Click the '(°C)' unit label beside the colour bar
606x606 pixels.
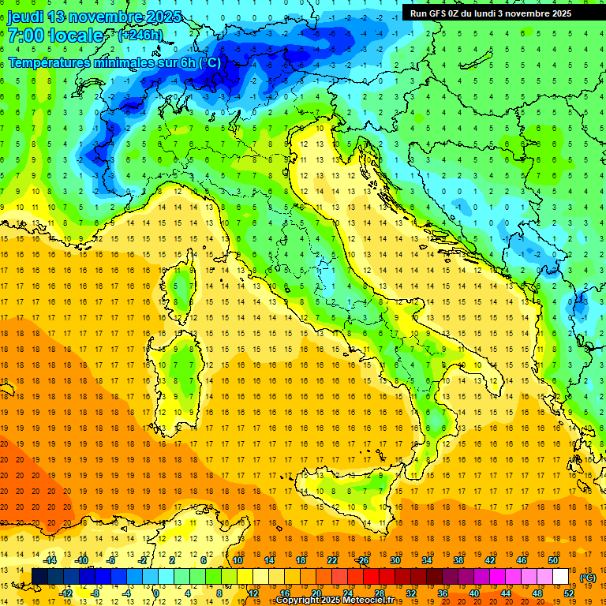click(x=588, y=578)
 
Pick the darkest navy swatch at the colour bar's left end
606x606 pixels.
click(x=39, y=577)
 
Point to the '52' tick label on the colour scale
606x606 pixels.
click(x=569, y=593)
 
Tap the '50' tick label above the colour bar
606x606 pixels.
click(x=552, y=559)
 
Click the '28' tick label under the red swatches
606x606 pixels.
click(x=380, y=593)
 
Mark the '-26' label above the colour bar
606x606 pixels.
click(x=362, y=559)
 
